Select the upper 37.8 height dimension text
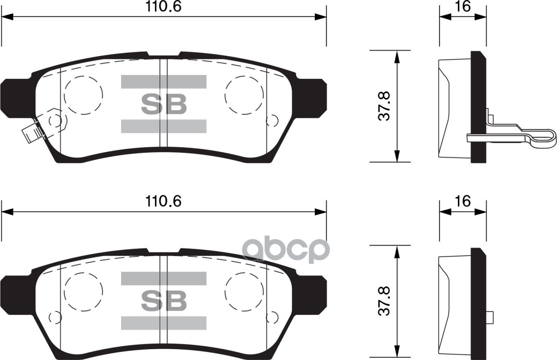click(x=384, y=106)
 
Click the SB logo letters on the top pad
click(x=163, y=104)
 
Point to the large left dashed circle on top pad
click(x=83, y=95)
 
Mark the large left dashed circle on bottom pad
click(x=83, y=292)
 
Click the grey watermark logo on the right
click(x=286, y=251)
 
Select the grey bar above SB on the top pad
click(x=163, y=81)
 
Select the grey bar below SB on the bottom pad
click(x=163, y=323)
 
